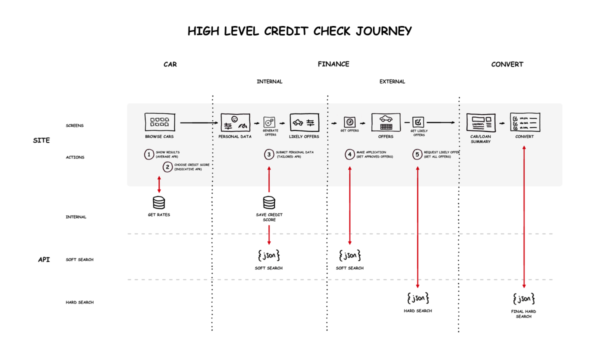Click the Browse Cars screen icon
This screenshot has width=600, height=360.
[x=159, y=122]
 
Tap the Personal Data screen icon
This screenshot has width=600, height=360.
[x=235, y=122]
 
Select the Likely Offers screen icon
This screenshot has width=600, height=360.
[x=303, y=122]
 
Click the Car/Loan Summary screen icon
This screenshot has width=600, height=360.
[x=480, y=122]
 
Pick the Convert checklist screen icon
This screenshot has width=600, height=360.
[x=524, y=122]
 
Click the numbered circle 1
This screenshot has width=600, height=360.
[x=149, y=154]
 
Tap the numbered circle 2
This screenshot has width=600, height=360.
[x=167, y=167]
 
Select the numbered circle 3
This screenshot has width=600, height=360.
[x=269, y=154]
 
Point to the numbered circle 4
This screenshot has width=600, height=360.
[x=349, y=154]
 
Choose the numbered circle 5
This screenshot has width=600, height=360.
[x=417, y=154]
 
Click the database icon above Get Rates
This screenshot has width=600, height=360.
[x=159, y=202]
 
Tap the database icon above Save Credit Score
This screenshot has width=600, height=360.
[x=269, y=202]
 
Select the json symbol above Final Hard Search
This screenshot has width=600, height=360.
[x=524, y=299]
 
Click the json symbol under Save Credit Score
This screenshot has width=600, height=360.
[x=269, y=255]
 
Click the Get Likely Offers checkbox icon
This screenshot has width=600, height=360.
[x=418, y=121]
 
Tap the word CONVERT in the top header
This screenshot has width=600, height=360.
[x=507, y=64]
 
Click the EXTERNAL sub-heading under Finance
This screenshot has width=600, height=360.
[x=392, y=81]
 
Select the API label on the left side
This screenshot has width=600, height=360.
[x=44, y=259]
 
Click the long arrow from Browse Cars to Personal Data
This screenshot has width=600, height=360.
[x=200, y=122]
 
